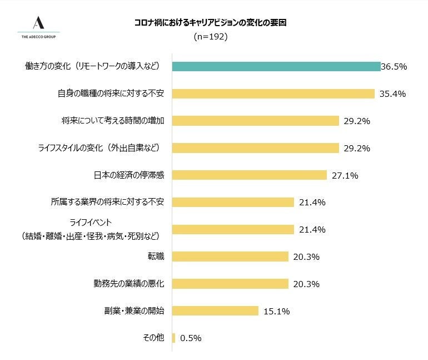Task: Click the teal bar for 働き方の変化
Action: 276,66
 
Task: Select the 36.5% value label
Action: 394,67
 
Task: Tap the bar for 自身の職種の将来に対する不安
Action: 273,93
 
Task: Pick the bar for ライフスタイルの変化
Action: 255,148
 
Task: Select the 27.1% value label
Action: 345,176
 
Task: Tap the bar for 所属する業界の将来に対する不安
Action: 233,202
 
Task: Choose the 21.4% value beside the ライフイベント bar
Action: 312,230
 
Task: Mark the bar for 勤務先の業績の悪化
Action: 230,284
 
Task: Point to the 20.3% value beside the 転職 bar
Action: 306,257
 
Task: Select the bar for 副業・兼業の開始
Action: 215,311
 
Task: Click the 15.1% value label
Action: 276,312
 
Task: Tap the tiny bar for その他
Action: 173,338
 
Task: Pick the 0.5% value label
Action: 191,338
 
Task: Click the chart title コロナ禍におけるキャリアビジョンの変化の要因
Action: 211,23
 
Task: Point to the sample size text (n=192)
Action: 211,37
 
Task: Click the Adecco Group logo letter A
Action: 38,23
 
